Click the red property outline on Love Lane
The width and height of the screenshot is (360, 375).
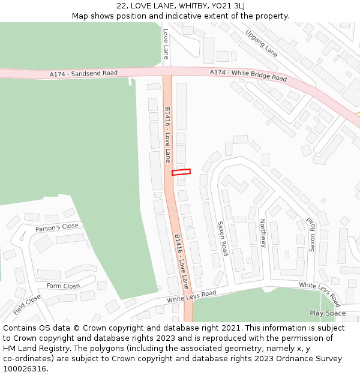(x=181, y=172)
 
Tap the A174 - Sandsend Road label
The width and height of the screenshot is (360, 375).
(x=83, y=73)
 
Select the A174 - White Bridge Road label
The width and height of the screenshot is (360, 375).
(x=248, y=75)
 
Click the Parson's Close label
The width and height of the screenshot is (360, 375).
(x=57, y=227)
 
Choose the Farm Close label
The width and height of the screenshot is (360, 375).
(x=63, y=286)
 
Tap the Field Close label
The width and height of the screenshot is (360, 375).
(x=27, y=305)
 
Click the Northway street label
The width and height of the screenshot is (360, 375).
(x=263, y=233)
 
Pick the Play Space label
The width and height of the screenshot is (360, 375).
(x=328, y=313)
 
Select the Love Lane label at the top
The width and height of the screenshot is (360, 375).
(x=166, y=44)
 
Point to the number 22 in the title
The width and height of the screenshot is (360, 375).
(x=122, y=5)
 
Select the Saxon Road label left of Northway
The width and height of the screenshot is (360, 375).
(x=223, y=238)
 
